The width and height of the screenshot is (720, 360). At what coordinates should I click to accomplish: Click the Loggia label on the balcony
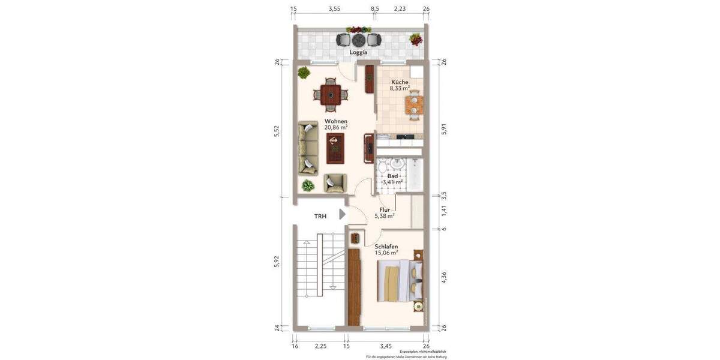359,53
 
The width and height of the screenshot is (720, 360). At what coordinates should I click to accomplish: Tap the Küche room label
400,82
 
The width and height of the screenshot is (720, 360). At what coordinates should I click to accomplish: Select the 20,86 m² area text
336,128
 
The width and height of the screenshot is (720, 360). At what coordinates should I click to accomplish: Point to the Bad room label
392,176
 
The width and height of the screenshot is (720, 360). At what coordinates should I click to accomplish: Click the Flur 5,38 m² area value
384,216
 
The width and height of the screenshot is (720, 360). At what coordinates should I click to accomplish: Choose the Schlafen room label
386,247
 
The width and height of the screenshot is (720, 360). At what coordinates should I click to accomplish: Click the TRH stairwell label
320,216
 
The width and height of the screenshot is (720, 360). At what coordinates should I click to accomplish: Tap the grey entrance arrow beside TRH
343,214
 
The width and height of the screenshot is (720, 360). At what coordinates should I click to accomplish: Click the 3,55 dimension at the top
334,9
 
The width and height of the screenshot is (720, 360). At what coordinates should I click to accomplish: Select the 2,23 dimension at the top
400,9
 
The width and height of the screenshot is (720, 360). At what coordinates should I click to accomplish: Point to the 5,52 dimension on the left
277,130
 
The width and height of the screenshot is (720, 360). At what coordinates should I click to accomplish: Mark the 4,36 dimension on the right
443,278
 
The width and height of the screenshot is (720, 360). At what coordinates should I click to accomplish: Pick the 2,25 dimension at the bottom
321,346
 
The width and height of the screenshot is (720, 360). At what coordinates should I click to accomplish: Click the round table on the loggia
359,40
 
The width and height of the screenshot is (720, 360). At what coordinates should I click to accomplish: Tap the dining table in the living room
329,94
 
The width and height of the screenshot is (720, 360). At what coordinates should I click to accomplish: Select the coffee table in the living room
335,148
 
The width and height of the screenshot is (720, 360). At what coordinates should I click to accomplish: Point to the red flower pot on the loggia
415,40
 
